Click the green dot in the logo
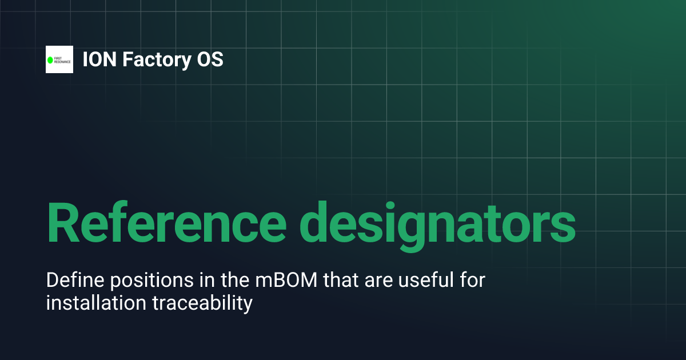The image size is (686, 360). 50,59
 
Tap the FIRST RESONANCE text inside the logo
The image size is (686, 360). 62,59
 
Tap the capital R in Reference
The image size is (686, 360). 63,223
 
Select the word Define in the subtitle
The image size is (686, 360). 71,281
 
